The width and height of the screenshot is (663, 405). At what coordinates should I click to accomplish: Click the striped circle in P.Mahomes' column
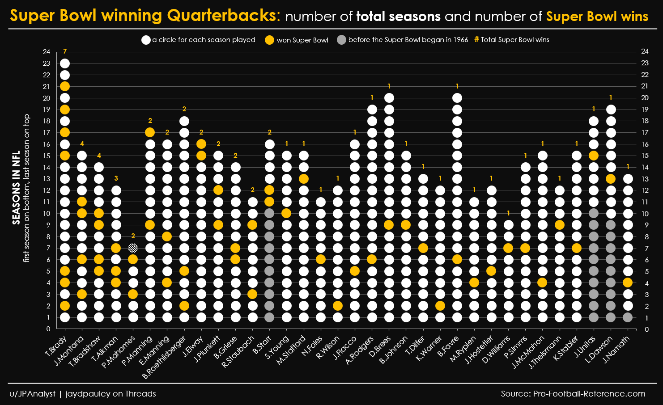point(133,248)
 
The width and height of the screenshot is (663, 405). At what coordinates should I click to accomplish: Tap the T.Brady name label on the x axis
point(56,346)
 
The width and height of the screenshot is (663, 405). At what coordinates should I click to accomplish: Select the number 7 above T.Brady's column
point(65,51)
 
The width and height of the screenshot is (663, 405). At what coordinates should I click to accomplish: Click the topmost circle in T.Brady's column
point(65,63)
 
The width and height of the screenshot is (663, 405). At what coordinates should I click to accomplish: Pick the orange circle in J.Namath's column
point(628,283)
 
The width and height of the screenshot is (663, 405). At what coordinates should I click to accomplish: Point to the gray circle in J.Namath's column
point(628,317)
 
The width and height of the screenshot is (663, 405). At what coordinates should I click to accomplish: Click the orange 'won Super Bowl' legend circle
point(269,40)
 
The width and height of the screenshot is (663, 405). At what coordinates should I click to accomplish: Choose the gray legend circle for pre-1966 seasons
point(342,40)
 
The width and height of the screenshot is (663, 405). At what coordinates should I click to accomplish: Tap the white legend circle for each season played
point(146,40)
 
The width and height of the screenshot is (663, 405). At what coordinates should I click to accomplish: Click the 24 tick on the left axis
point(47,51)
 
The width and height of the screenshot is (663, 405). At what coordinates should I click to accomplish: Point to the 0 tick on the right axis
point(645,329)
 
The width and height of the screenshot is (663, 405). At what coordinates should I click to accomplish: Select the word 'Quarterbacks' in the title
point(221,16)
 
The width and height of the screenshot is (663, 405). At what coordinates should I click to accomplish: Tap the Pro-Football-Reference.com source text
point(589,394)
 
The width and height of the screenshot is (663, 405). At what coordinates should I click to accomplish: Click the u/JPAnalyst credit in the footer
point(33,394)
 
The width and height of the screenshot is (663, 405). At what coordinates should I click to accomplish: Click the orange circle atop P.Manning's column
point(150,132)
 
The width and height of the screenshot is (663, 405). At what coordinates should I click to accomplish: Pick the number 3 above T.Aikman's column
point(116,178)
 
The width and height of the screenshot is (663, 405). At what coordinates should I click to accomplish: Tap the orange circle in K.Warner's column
point(440,306)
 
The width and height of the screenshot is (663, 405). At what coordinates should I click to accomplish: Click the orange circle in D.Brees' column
point(389,225)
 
